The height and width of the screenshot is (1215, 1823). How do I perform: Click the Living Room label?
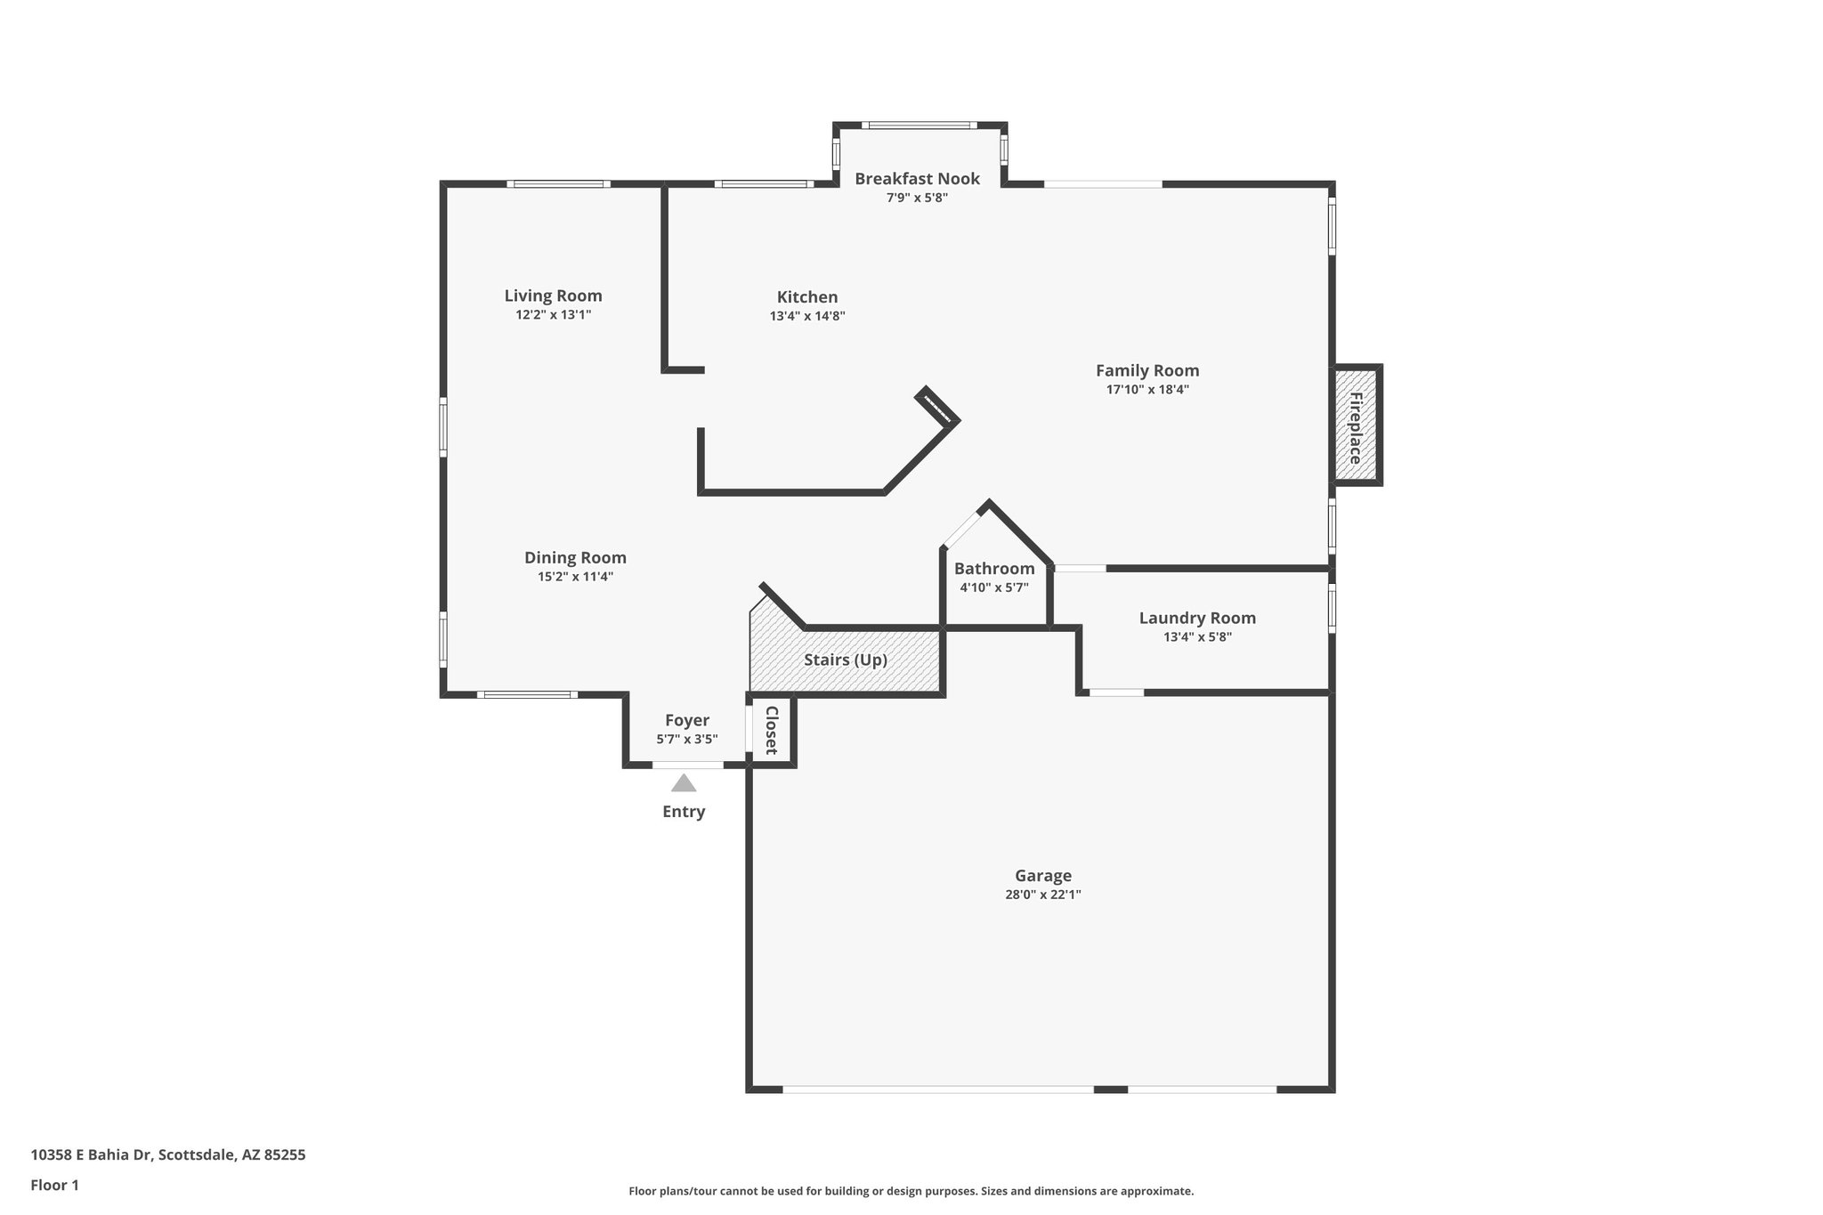click(553, 296)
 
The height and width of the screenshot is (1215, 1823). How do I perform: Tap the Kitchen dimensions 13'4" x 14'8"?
click(806, 316)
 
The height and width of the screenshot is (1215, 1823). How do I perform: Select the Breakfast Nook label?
click(917, 179)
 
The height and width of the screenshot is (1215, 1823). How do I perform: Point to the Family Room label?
click(1146, 370)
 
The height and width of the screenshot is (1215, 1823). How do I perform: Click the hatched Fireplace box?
click(1356, 425)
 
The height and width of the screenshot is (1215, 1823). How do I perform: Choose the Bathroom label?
click(994, 569)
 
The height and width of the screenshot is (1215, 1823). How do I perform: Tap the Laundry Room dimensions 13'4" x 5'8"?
click(1196, 637)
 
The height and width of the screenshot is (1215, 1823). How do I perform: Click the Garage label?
click(1042, 876)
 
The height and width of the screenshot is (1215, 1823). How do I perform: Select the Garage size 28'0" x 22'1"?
click(1042, 895)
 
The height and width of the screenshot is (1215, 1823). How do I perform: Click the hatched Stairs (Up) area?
click(845, 660)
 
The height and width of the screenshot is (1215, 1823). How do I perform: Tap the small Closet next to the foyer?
click(772, 730)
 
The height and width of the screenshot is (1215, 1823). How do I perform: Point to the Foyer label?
click(687, 720)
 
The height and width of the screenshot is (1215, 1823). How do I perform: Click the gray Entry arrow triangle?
click(684, 784)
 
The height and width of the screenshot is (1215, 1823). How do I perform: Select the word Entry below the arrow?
click(684, 812)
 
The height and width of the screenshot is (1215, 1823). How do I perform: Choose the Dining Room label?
click(575, 558)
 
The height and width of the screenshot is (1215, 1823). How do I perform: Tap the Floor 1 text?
click(54, 1186)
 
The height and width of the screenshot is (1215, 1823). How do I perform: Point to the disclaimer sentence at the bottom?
click(911, 1191)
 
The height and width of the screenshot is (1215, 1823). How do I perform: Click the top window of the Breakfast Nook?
click(919, 126)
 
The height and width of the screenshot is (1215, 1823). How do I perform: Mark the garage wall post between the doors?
click(1110, 1089)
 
